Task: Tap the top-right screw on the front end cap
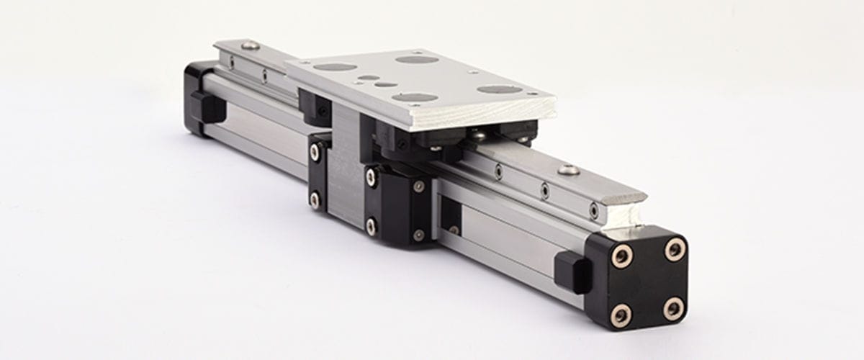[675, 250]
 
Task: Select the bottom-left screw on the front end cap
[621, 314]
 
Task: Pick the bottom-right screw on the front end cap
[673, 308]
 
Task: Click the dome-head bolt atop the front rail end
[569, 170]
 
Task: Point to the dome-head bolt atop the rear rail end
[250, 45]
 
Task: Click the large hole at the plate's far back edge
[417, 59]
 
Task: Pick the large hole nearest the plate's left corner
[335, 67]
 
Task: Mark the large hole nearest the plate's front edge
[415, 97]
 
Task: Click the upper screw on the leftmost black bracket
[315, 152]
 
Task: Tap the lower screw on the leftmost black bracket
[315, 199]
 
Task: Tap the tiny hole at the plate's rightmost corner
[533, 94]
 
